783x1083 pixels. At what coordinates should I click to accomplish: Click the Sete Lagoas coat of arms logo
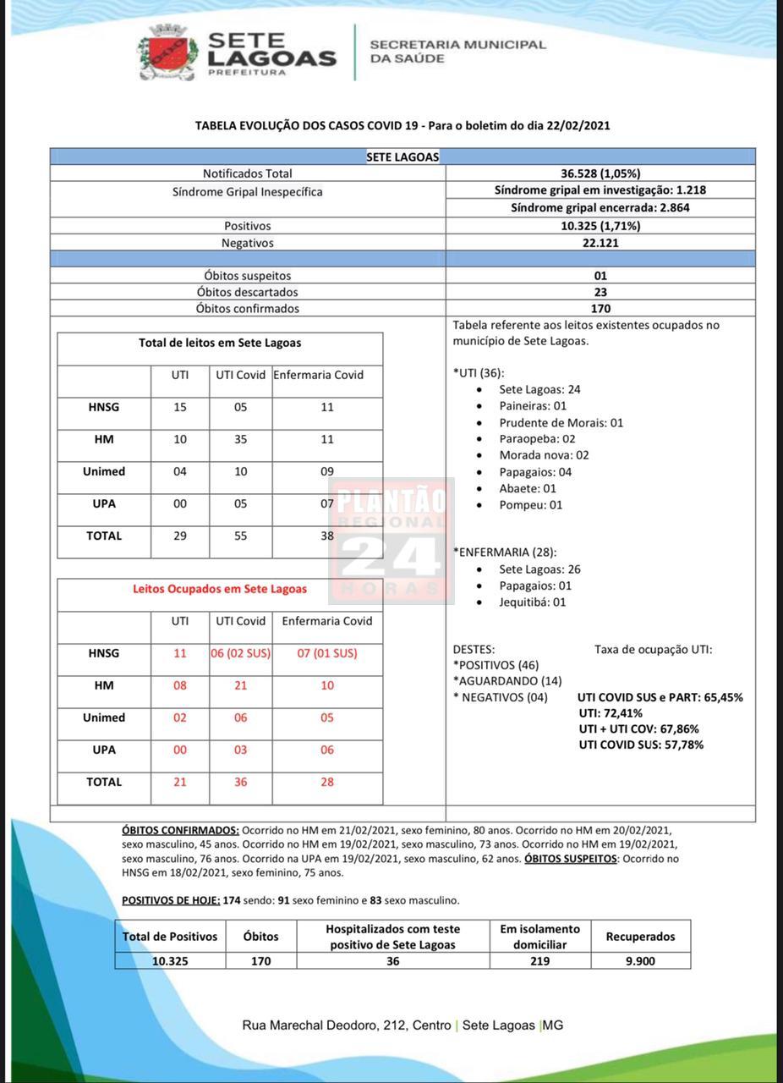click(x=167, y=52)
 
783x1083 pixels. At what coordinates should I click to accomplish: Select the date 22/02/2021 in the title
click(x=578, y=126)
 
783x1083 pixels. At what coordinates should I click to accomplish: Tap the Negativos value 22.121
click(x=600, y=243)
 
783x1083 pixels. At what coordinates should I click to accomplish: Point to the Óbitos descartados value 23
click(x=600, y=292)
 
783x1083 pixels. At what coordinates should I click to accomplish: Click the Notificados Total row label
click(x=247, y=173)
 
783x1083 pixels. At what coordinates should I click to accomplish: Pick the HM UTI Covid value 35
click(x=241, y=439)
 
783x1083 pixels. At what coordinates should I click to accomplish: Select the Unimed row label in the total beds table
click(x=104, y=471)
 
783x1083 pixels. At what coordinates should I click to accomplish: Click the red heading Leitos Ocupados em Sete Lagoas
click(x=220, y=589)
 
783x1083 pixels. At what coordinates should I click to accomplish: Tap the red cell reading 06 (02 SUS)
click(x=241, y=653)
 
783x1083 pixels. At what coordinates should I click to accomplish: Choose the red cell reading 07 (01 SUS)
click(x=327, y=653)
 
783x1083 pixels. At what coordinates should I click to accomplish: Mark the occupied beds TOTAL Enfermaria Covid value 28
click(x=327, y=782)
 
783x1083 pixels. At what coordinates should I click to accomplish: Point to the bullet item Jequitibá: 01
click(x=532, y=602)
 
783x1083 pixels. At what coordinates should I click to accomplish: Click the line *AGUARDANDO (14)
click(x=507, y=681)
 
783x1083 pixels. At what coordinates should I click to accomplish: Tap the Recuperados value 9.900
click(x=640, y=961)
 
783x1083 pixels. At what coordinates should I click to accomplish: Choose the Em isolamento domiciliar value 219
click(x=539, y=961)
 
